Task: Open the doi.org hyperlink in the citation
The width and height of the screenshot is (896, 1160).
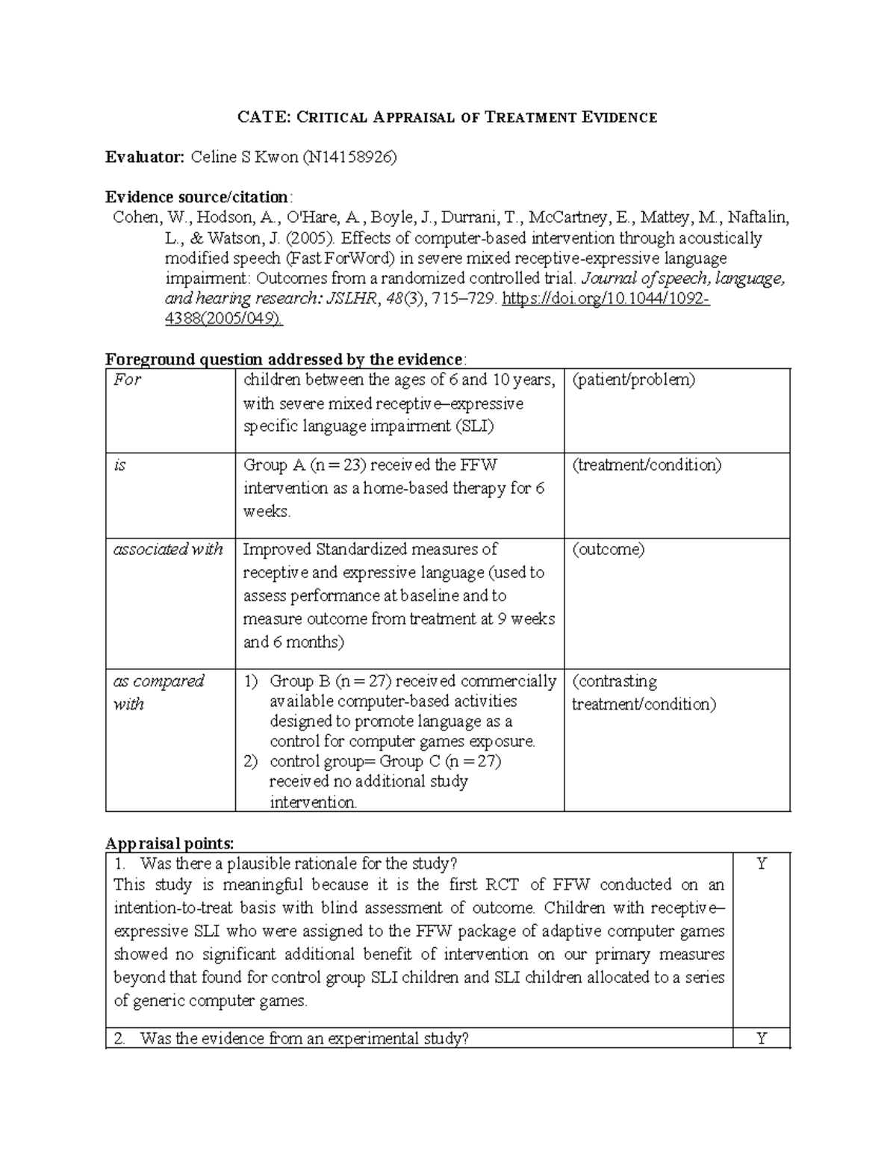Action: point(606,300)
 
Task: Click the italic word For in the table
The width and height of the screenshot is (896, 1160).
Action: point(127,379)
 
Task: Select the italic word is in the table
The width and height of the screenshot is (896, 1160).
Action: point(119,465)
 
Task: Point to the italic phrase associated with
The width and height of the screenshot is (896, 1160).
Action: point(168,550)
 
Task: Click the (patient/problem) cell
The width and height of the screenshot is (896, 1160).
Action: point(633,379)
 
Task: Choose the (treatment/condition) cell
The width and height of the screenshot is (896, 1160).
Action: point(647,465)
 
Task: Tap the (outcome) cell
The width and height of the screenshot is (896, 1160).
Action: point(608,550)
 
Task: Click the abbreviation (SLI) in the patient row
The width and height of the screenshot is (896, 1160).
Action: point(474,427)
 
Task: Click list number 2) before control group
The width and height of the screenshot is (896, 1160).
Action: point(251,762)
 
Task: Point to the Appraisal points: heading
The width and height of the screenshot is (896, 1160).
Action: point(169,844)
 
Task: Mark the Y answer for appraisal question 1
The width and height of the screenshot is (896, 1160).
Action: point(761,865)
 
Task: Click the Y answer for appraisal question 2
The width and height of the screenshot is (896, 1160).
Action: point(761,1038)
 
